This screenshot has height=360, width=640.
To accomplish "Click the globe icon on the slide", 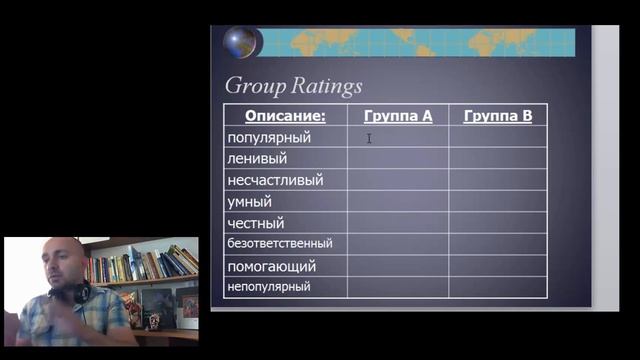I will [240, 43].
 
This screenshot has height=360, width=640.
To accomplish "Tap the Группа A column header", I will [397, 116].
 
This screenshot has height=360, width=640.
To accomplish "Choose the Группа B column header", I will [497, 116].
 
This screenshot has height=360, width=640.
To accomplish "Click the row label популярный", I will [270, 137].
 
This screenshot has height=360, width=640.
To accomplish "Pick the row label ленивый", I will [258, 158].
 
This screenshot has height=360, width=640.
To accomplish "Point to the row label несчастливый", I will [275, 180].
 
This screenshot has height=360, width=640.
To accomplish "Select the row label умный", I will [250, 201].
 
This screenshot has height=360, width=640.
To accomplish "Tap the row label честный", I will [257, 223].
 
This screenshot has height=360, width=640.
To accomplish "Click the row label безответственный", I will [280, 243].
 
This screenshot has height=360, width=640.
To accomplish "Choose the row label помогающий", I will [272, 266].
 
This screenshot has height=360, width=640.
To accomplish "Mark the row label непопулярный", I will [270, 286].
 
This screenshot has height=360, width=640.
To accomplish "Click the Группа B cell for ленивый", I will [497, 158].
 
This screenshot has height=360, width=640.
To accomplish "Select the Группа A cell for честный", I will [397, 223].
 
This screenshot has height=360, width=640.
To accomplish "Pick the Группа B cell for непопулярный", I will [497, 286].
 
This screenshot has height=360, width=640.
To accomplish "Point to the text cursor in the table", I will [369, 138].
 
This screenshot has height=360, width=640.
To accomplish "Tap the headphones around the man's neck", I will [78, 293].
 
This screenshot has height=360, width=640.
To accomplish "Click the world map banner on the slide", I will [420, 43].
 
